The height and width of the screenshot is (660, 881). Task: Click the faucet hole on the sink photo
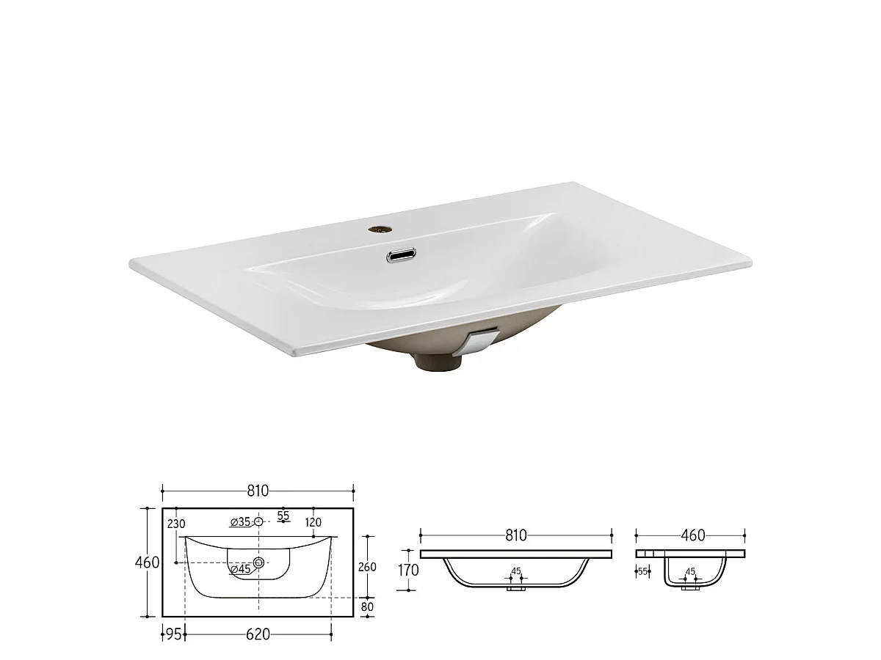[x=379, y=230]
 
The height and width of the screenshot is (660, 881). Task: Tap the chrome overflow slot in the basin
[x=401, y=255]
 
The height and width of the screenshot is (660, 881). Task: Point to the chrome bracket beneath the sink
[x=480, y=341]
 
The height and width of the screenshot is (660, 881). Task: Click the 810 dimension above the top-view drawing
[x=258, y=491]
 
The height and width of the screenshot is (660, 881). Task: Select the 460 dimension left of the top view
[x=148, y=562]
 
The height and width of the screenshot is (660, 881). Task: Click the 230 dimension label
[x=176, y=524]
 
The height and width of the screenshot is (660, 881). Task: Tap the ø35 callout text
[x=240, y=521]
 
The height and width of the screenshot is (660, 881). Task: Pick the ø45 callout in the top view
[x=241, y=569]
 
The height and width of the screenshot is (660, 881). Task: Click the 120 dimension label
[x=313, y=522]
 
